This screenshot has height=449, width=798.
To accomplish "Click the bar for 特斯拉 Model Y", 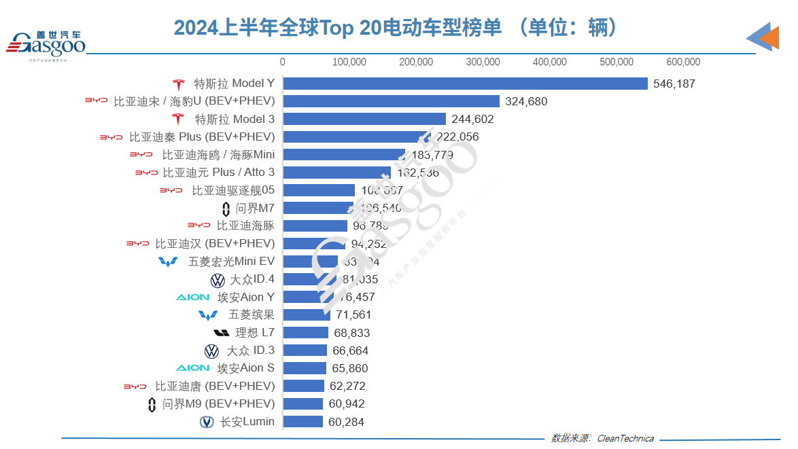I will pos(465,84).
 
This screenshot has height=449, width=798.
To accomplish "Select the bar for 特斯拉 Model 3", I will pos(364,119).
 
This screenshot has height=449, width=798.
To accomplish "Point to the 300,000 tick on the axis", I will pos(483,62).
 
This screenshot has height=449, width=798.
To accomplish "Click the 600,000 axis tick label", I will pos(683,62).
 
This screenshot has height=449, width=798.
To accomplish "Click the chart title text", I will pos(397,27).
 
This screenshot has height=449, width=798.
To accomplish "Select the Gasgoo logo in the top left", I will pos(46,44).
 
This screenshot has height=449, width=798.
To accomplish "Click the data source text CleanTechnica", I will pos(625,438).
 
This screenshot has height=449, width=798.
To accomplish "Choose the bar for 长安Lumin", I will pos(303,422).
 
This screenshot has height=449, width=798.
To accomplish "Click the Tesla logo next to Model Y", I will pos(178,84).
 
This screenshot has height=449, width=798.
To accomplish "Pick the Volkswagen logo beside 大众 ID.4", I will pos(218,280).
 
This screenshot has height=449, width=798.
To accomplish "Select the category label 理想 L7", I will pos(254,333).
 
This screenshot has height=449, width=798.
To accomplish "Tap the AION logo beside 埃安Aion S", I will pos(193,368).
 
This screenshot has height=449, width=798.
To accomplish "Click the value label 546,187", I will pos(674,84).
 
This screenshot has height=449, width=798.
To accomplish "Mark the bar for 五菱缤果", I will pos(307,315).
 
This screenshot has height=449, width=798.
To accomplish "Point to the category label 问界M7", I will pos(255,208).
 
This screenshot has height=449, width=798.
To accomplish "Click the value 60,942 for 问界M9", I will pos(346,404).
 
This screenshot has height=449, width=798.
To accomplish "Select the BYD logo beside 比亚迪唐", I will pos(135,387).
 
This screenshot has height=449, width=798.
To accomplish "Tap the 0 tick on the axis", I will pos(283,62).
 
